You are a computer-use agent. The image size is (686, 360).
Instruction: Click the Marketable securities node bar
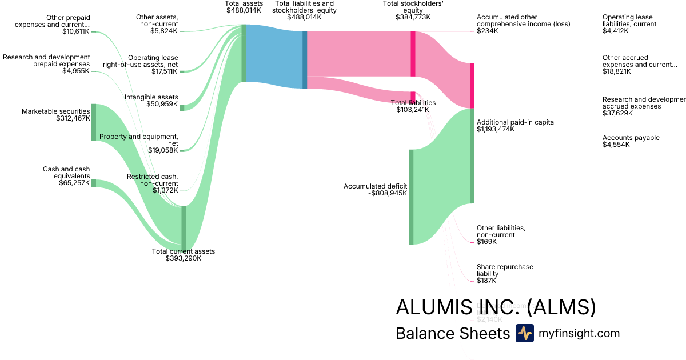click(x=94, y=122)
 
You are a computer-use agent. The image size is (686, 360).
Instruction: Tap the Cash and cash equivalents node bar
click(x=94, y=183)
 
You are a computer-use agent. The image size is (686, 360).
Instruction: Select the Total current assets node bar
click(x=184, y=228)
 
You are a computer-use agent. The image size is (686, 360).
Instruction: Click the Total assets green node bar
click(x=244, y=53)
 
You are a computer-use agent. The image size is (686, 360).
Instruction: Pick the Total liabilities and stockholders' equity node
click(x=305, y=60)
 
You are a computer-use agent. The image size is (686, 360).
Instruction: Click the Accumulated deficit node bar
click(x=410, y=197)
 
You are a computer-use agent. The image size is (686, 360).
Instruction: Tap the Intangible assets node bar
click(x=182, y=107)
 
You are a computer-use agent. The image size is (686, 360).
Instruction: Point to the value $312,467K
click(x=73, y=118)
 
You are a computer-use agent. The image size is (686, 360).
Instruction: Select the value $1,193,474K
click(x=496, y=129)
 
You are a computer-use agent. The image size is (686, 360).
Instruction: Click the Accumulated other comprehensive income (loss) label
click(x=523, y=21)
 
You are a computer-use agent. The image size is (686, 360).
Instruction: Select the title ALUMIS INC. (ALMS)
click(x=496, y=307)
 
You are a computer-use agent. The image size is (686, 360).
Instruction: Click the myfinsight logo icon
click(x=524, y=333)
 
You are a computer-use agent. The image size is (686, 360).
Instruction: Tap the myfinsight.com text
click(x=579, y=333)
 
